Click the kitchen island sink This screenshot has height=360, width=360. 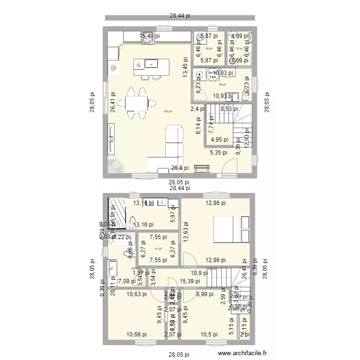coord(152,63)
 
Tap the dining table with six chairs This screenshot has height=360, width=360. coord(137,103)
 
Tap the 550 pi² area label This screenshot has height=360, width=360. coord(168,111)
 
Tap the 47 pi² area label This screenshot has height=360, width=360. coord(158,249)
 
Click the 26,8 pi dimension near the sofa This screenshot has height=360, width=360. coord(180,168)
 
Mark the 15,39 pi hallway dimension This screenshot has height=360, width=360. coord(189,281)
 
